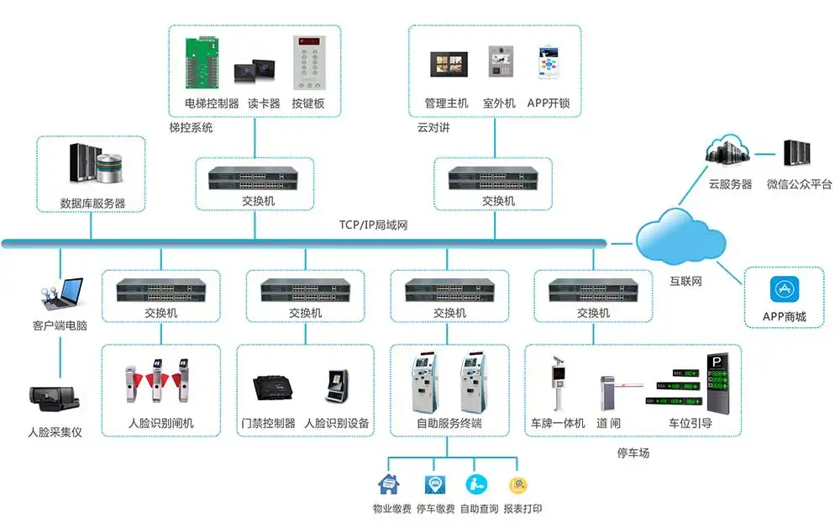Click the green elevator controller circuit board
click(202, 62)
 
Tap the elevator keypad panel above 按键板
click(309, 63)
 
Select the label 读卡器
click(264, 103)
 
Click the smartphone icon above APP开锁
click(548, 62)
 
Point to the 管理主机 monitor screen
click(449, 65)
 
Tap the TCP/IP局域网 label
click(374, 225)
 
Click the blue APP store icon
click(785, 289)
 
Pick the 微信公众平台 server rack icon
click(796, 153)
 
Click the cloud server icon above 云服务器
click(727, 150)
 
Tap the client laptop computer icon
click(63, 294)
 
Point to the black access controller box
click(273, 388)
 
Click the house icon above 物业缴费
click(389, 484)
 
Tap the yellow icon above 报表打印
click(518, 485)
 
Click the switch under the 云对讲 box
click(493, 178)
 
